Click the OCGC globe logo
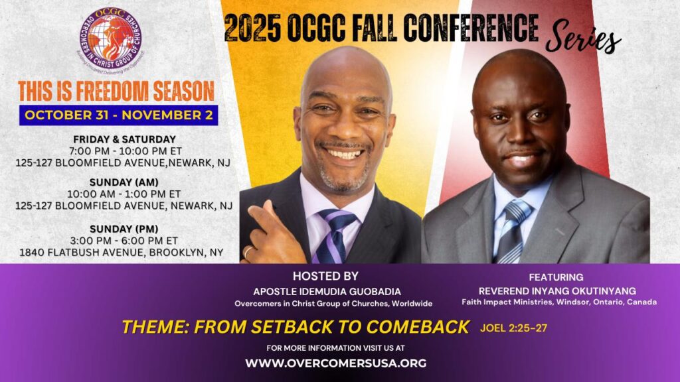tap(111, 40)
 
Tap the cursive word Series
tap(583, 38)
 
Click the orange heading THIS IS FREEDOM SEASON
tap(116, 91)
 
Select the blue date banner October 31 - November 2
tap(118, 115)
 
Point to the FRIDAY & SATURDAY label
tap(124, 139)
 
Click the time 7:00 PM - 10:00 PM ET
tap(126, 151)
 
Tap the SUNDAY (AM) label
tap(124, 182)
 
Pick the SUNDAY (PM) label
tap(124, 229)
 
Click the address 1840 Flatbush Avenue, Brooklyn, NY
tap(122, 253)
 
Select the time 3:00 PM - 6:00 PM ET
tap(124, 241)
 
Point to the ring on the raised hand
tap(248, 252)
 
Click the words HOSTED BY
tap(325, 277)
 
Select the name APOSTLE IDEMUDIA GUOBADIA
tap(327, 292)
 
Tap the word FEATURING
tap(556, 277)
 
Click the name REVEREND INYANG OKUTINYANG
tap(557, 291)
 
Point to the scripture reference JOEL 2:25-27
tap(513, 328)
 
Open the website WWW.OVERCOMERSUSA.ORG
tap(335, 363)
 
